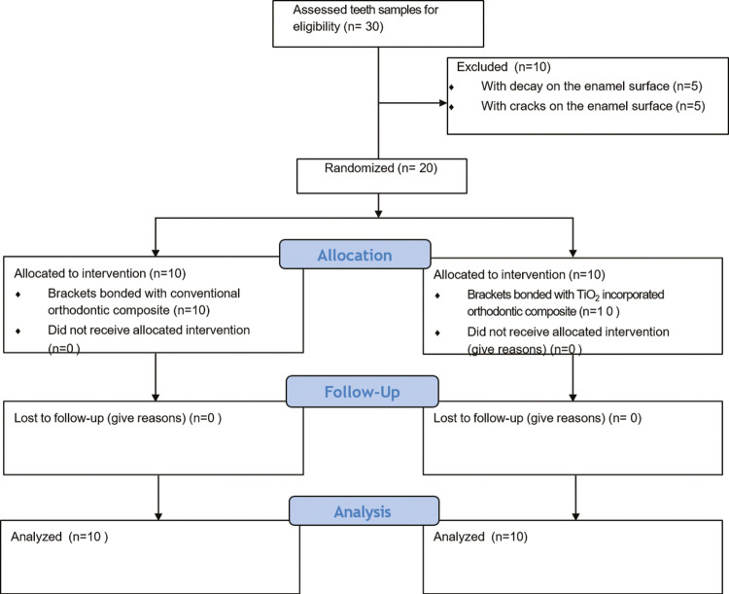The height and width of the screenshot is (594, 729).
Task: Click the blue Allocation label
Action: click(x=355, y=255)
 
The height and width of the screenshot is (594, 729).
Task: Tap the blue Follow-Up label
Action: click(x=363, y=392)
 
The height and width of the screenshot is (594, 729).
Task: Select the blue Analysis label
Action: click(x=363, y=511)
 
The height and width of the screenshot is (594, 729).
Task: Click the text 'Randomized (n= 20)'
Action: click(x=381, y=168)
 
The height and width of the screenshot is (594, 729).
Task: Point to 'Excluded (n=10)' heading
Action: click(x=503, y=67)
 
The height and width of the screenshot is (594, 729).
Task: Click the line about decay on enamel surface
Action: click(x=591, y=87)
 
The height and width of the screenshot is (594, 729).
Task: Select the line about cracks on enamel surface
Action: click(x=593, y=106)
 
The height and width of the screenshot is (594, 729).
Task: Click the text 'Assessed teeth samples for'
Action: click(x=365, y=10)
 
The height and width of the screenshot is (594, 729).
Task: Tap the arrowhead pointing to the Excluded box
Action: click(x=443, y=103)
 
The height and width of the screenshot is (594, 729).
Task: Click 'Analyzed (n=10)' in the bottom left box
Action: click(x=59, y=537)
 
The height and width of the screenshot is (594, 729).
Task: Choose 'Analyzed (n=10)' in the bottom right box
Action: click(x=480, y=537)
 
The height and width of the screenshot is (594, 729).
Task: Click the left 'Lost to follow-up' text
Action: click(x=118, y=418)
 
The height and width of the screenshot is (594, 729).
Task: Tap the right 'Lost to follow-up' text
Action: click(x=538, y=418)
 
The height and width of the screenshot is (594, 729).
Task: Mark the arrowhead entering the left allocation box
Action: click(x=156, y=253)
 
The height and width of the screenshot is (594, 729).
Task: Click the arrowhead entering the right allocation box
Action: click(x=573, y=253)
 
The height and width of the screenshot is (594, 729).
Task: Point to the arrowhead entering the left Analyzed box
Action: click(x=158, y=516)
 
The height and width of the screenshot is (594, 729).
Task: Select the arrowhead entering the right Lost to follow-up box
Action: click(x=573, y=398)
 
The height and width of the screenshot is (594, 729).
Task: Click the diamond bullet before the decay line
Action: click(x=451, y=87)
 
